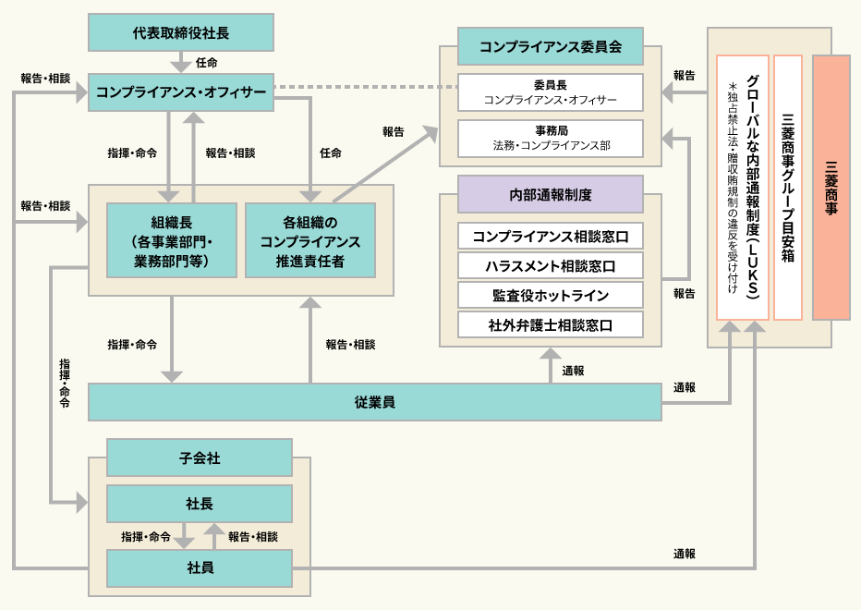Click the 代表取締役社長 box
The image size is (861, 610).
pyautogui.click(x=181, y=32)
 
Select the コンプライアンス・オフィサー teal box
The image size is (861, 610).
pyautogui.click(x=181, y=92)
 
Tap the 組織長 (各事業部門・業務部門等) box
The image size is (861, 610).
pyautogui.click(x=172, y=240)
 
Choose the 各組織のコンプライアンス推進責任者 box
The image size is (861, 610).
pyautogui.click(x=310, y=240)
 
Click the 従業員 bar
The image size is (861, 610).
pyautogui.click(x=375, y=402)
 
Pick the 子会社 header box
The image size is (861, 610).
pyautogui.click(x=200, y=457)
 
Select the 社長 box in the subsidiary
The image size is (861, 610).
pyautogui.click(x=200, y=504)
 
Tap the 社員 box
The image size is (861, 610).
pyautogui.click(x=200, y=567)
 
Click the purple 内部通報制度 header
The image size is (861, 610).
pyautogui.click(x=551, y=194)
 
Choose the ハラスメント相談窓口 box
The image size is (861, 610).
pyautogui.click(x=551, y=266)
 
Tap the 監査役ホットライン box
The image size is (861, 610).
pyautogui.click(x=551, y=296)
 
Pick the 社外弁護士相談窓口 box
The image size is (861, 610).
pyautogui.click(x=551, y=325)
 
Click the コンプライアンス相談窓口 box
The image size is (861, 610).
pyautogui.click(x=551, y=237)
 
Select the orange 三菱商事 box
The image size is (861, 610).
pyautogui.click(x=831, y=188)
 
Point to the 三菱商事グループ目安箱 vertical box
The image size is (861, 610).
pyautogui.click(x=788, y=188)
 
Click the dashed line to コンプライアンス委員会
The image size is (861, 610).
pyautogui.click(x=366, y=89)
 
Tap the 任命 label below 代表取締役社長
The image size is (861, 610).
pyautogui.click(x=207, y=63)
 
